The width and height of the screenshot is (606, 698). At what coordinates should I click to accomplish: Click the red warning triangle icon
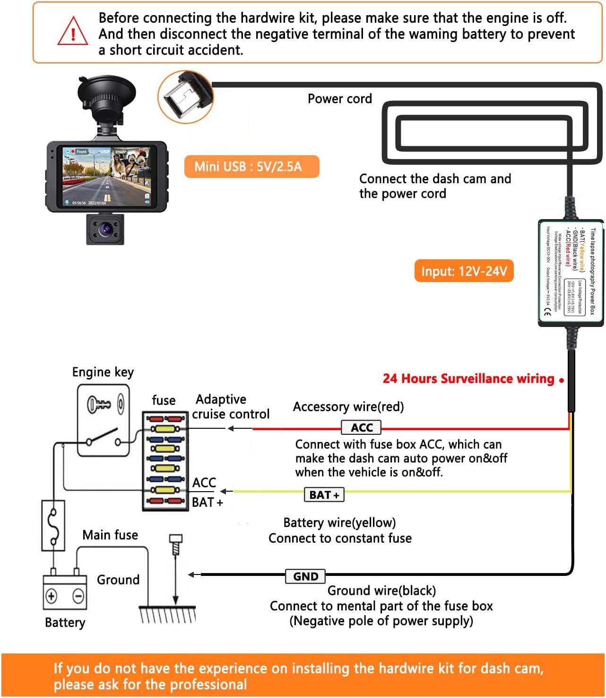coord(72,32)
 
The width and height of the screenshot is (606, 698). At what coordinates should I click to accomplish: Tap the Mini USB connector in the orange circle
coord(185,97)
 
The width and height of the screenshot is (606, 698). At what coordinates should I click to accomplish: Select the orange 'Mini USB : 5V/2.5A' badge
coord(251,167)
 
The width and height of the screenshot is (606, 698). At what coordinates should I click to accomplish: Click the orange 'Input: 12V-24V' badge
coord(464,271)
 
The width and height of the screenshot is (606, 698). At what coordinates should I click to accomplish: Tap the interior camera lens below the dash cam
coord(105,230)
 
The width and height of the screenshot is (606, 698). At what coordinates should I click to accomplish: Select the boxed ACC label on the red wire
coord(361,428)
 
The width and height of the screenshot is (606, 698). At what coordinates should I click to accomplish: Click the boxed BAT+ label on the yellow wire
coord(324,495)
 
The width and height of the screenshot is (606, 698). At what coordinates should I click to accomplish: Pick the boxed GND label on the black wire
coord(305,576)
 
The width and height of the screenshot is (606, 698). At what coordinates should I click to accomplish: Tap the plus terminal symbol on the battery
coord(52,596)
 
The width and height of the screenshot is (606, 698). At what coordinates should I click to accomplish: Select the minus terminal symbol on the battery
coord(78,596)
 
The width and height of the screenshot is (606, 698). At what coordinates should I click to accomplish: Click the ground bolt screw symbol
coord(175,544)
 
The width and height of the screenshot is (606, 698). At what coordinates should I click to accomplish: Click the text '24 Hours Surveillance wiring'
coord(468,379)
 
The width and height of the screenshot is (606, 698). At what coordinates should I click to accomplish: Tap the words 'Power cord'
coord(339,99)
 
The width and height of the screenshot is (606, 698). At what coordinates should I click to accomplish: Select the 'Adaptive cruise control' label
coord(230,406)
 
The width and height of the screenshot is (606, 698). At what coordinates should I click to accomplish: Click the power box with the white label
coord(571,273)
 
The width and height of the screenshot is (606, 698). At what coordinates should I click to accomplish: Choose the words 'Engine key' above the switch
coord(103,372)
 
